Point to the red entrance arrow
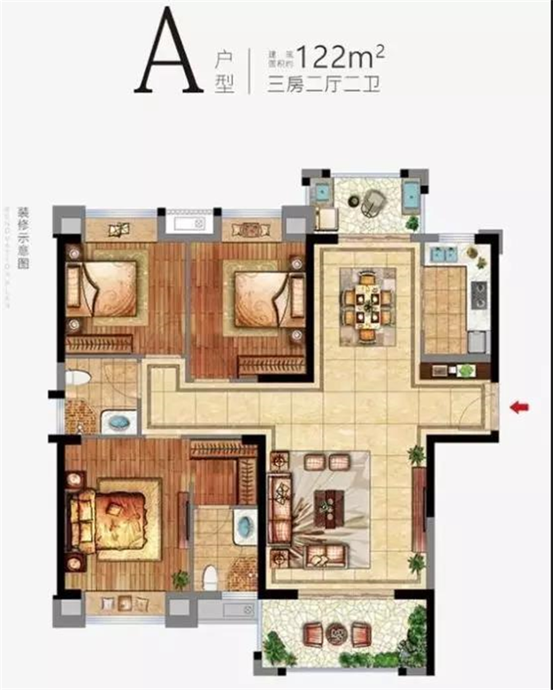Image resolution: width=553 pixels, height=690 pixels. [x=519, y=407]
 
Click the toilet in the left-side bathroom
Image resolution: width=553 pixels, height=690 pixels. [x=77, y=379]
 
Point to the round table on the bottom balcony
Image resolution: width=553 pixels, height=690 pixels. [x=336, y=635]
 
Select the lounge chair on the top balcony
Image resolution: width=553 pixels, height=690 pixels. [x=373, y=203]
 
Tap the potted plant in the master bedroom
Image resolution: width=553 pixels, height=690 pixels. [x=180, y=579]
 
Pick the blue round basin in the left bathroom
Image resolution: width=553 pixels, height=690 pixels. [x=117, y=423]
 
